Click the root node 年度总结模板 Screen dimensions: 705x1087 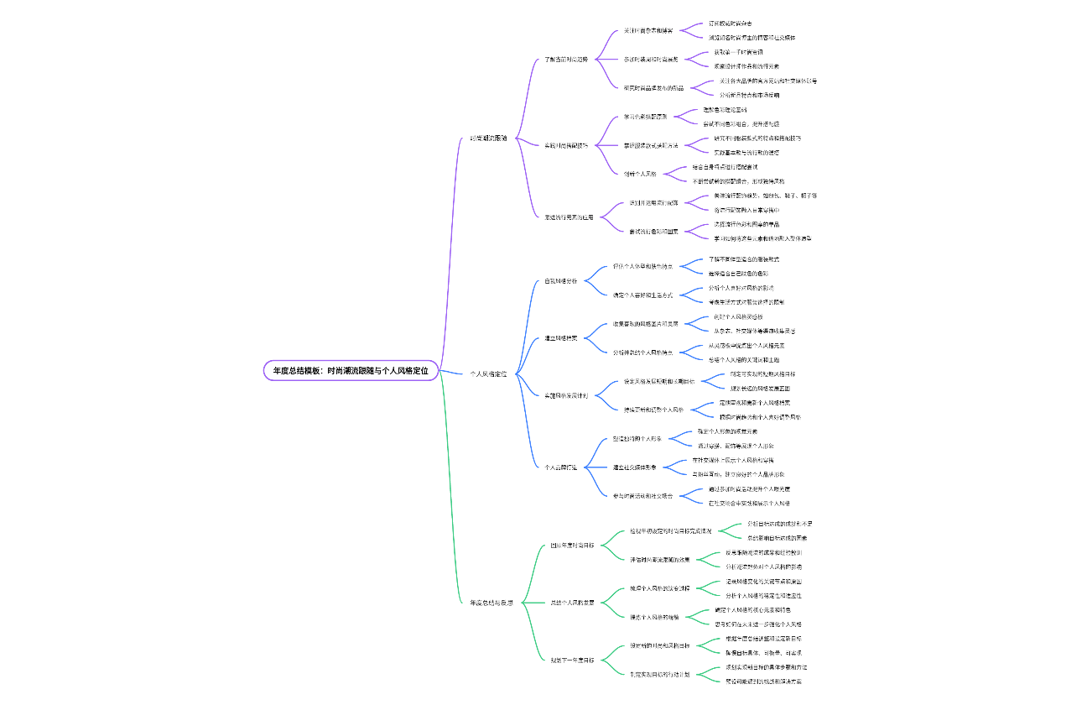pos(351,370)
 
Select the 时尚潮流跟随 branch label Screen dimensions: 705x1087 pos(488,138)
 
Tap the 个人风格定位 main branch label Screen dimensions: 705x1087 pos(488,373)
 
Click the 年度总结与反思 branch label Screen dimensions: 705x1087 pos(491,603)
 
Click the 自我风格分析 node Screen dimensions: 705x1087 pos(561,281)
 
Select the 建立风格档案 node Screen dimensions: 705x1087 pos(561,338)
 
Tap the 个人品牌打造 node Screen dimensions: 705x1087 pos(561,467)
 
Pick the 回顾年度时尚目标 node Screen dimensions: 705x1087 pos(573,546)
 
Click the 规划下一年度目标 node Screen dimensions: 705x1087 pos(573,660)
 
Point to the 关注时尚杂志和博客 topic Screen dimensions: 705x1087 pos(648,30)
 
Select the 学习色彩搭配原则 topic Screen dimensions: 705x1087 pos(645,117)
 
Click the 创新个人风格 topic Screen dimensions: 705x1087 pos(639,174)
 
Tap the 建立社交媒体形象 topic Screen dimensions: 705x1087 pos(641,467)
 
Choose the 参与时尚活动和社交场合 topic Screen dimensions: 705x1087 pos(643,495)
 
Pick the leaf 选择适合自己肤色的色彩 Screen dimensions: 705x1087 pos(738,274)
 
